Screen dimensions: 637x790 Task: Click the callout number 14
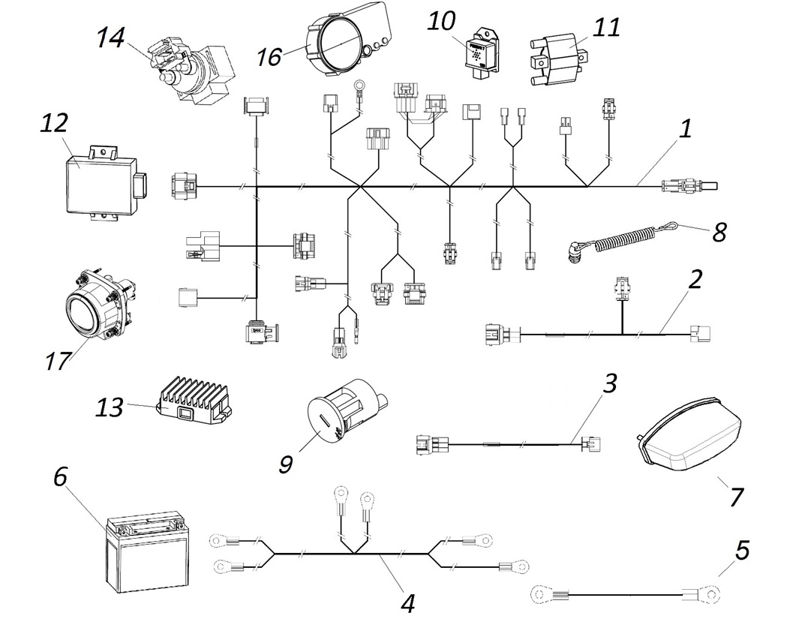(110, 38)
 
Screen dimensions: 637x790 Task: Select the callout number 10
(441, 21)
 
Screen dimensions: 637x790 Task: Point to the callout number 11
(605, 28)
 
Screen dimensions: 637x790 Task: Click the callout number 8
(719, 232)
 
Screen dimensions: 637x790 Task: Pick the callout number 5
(742, 551)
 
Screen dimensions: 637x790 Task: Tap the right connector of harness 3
(594, 444)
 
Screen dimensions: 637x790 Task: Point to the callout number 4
(407, 602)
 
